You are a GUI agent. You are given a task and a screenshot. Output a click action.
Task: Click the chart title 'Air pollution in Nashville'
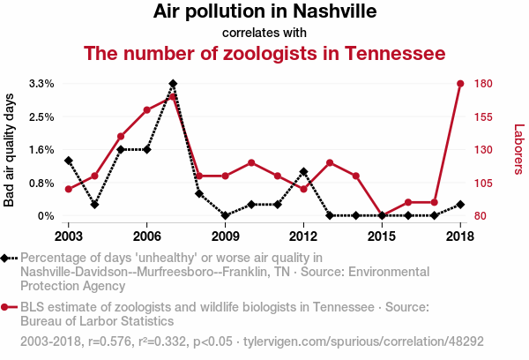click(264, 12)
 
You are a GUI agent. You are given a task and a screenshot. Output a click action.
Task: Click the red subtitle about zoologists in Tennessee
click(264, 54)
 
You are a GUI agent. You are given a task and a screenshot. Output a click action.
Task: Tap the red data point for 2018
click(460, 84)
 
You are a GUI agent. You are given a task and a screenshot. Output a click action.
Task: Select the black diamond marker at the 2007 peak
click(173, 84)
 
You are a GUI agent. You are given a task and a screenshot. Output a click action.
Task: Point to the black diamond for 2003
click(68, 161)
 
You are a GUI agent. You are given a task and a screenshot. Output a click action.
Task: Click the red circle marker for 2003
click(68, 189)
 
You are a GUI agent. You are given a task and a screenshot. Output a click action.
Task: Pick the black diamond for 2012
click(303, 171)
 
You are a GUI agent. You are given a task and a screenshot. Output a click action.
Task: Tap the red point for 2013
click(329, 162)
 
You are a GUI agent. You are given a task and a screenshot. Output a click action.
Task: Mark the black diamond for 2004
click(94, 205)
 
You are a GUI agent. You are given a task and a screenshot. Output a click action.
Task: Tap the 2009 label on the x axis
click(225, 236)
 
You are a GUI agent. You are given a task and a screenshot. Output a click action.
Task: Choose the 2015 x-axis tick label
click(382, 236)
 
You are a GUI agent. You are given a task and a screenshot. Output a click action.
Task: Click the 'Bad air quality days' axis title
click(10, 150)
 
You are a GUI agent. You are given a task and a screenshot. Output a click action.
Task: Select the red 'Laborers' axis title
click(518, 149)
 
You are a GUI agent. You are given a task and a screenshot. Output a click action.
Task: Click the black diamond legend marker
click(7, 258)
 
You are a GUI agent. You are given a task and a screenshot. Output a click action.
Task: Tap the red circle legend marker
click(7, 307)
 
